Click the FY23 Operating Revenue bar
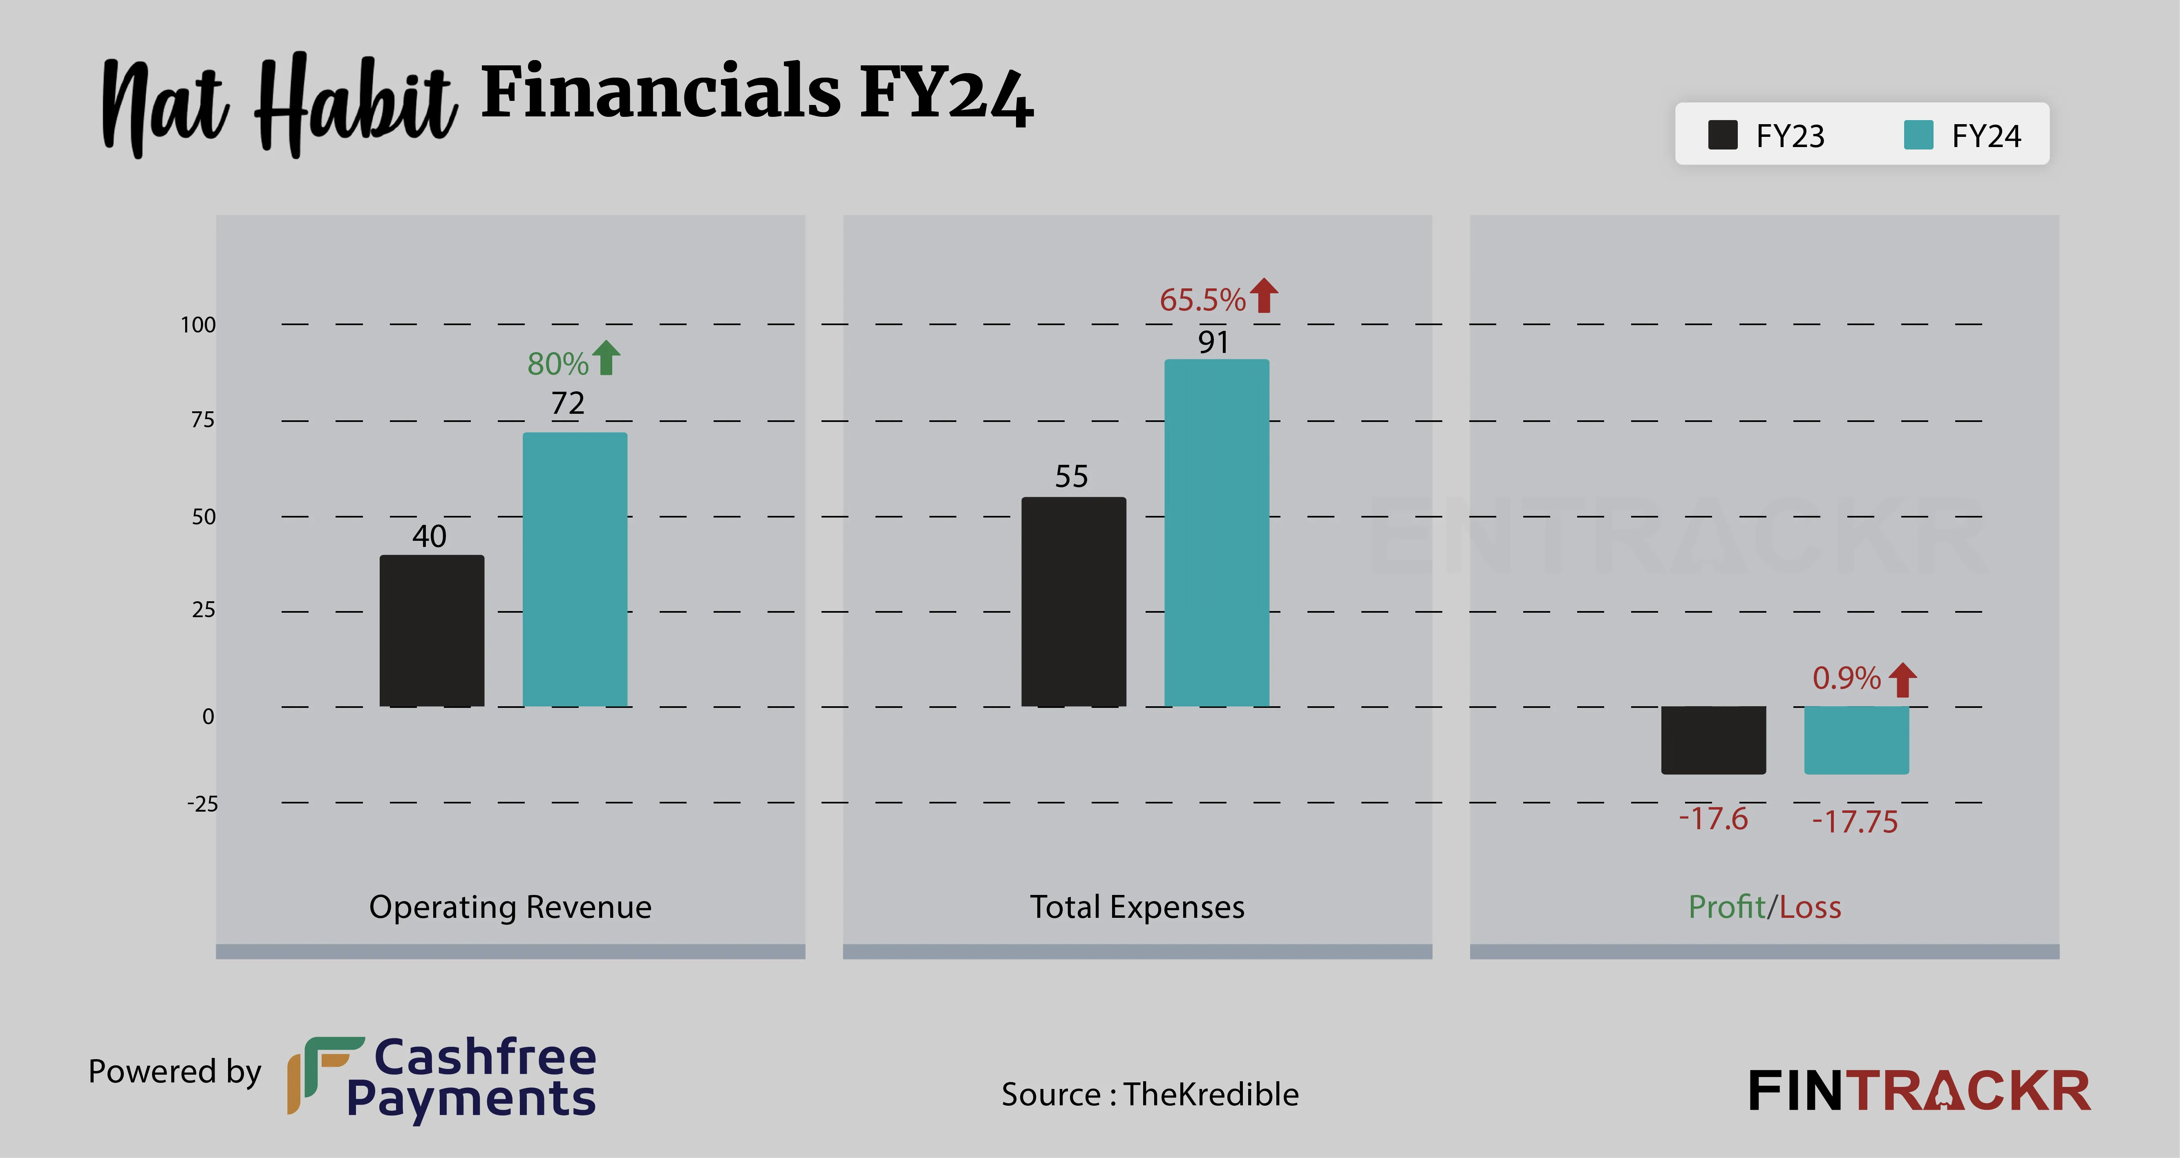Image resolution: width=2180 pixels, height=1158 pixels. coord(432,630)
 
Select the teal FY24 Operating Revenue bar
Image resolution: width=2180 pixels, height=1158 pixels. coord(575,569)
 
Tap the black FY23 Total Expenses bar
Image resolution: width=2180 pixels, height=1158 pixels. coord(1073,601)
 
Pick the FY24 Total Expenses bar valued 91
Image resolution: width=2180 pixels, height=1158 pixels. coord(1216,533)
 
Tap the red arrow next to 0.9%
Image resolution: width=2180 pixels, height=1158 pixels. coord(1902,679)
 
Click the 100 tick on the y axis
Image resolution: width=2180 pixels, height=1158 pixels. coord(198,325)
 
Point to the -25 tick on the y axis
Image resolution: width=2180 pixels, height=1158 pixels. coord(202,803)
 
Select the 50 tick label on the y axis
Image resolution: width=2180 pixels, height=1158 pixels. coord(203,517)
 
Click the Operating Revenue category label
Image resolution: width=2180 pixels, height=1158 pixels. coord(510,907)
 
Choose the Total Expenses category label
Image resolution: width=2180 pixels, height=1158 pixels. coord(1137,907)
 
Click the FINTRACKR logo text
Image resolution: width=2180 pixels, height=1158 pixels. coord(1918,1091)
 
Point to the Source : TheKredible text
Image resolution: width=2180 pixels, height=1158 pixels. coord(1149,1095)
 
